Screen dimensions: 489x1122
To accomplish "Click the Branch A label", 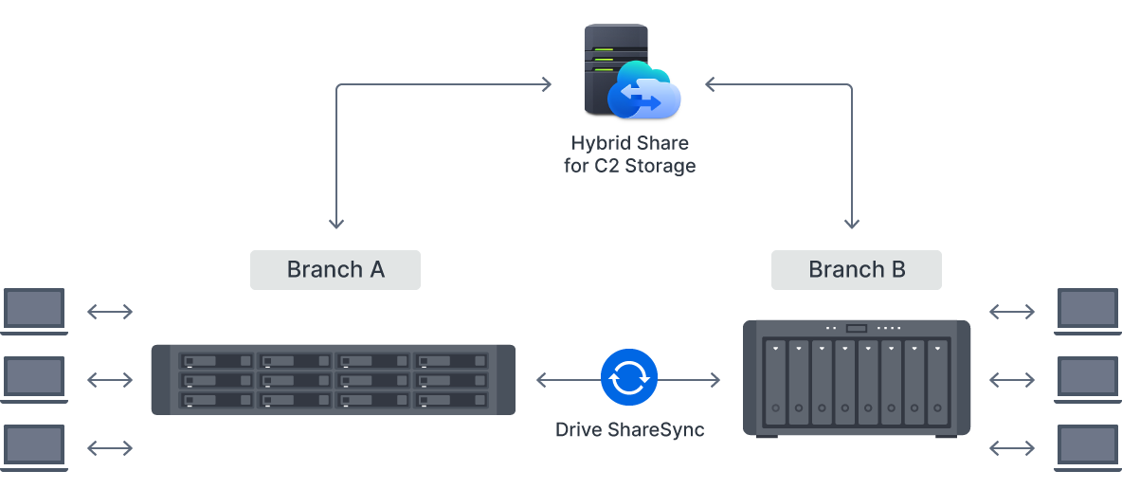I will tap(335, 270).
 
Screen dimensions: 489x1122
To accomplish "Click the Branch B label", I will tap(856, 270).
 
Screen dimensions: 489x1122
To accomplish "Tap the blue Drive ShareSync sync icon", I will tap(628, 378).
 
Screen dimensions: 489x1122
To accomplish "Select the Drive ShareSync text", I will tap(629, 429).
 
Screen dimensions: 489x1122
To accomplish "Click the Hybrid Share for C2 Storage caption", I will tap(629, 154).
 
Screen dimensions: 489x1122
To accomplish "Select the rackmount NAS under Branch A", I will tap(333, 379).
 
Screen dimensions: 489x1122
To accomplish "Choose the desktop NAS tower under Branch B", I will tap(857, 378).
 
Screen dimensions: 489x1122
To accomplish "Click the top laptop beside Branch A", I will tap(35, 311).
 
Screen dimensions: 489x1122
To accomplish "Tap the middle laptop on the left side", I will tap(35, 378).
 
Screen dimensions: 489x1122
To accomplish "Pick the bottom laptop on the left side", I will tap(35, 446).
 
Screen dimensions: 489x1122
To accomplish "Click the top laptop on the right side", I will tap(1088, 311).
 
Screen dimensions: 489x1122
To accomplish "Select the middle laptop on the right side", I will tap(1088, 378).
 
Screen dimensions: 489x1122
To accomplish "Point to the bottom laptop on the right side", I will tap(1088, 446).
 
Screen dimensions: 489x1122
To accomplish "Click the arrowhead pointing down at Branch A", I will tap(336, 224).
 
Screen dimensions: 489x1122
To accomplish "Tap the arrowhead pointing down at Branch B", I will tap(851, 224).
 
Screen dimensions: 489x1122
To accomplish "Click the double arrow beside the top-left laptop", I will tap(110, 312).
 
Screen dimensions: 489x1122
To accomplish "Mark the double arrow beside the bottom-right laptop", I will tap(1012, 447).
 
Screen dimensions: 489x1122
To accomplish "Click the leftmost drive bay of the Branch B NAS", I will tap(776, 383).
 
